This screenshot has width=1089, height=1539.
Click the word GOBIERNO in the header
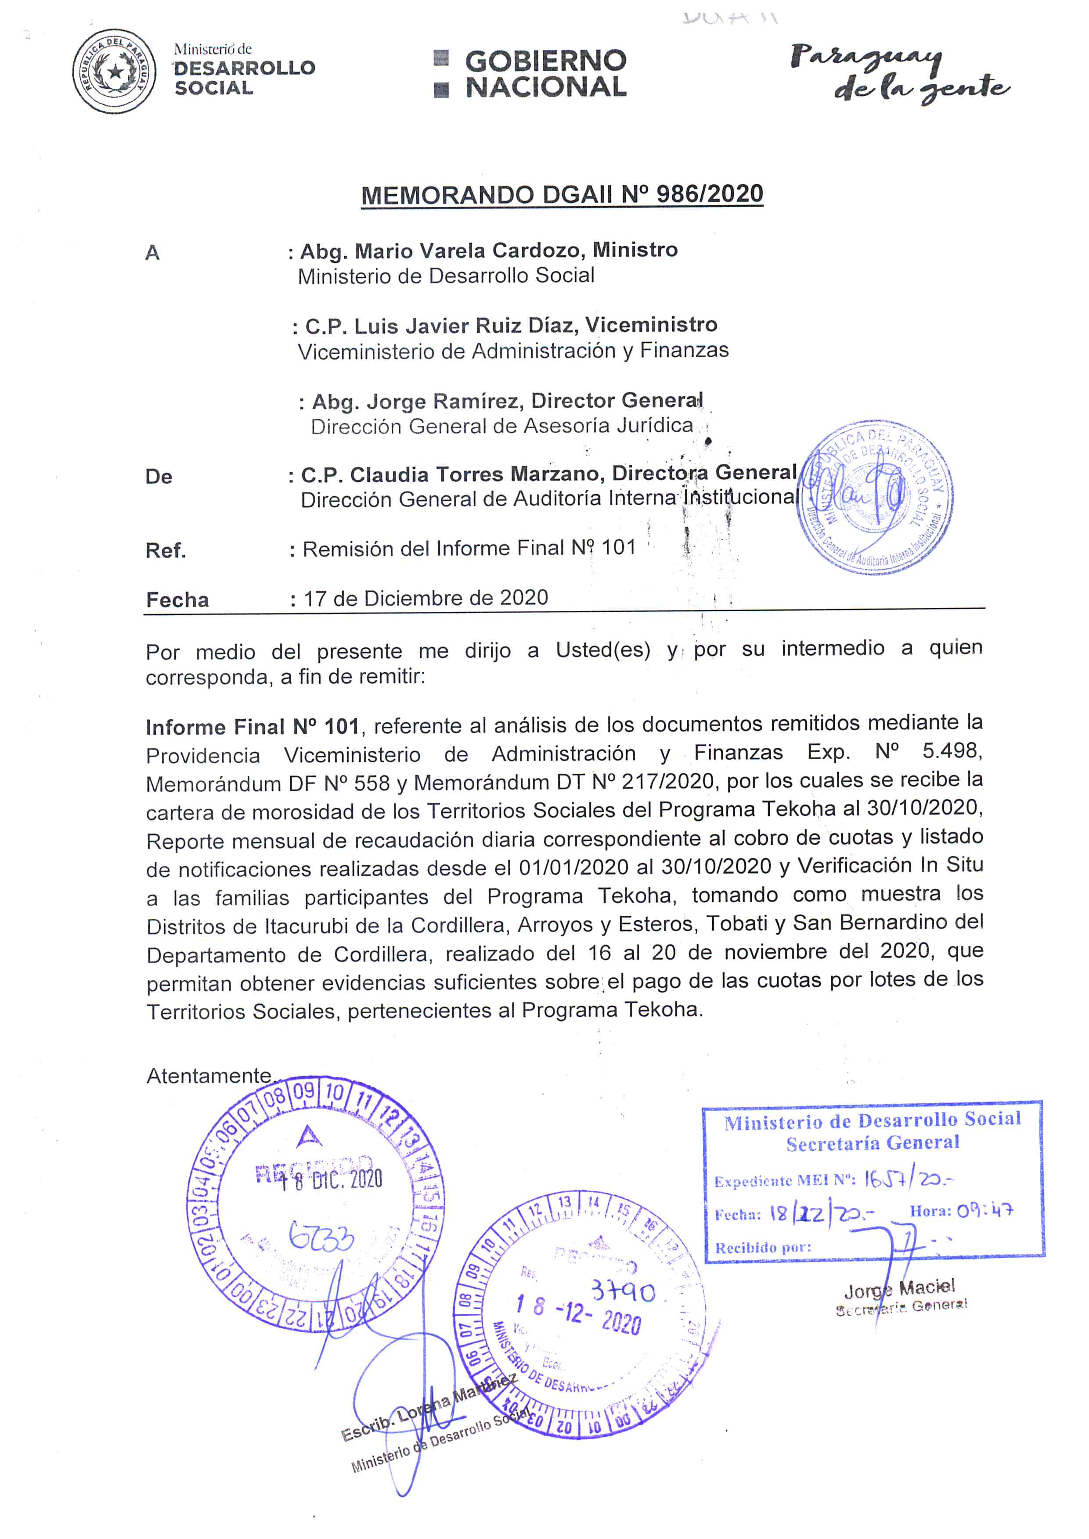pos(545,61)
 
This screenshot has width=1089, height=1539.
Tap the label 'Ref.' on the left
pos(166,551)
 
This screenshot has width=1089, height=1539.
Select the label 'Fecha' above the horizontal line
pos(177,599)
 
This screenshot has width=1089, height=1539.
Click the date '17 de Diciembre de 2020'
pos(426,598)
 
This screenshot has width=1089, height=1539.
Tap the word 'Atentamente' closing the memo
pos(209,1076)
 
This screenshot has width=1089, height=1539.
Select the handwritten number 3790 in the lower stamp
pos(623,1291)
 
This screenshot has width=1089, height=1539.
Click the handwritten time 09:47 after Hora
pos(984,1211)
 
